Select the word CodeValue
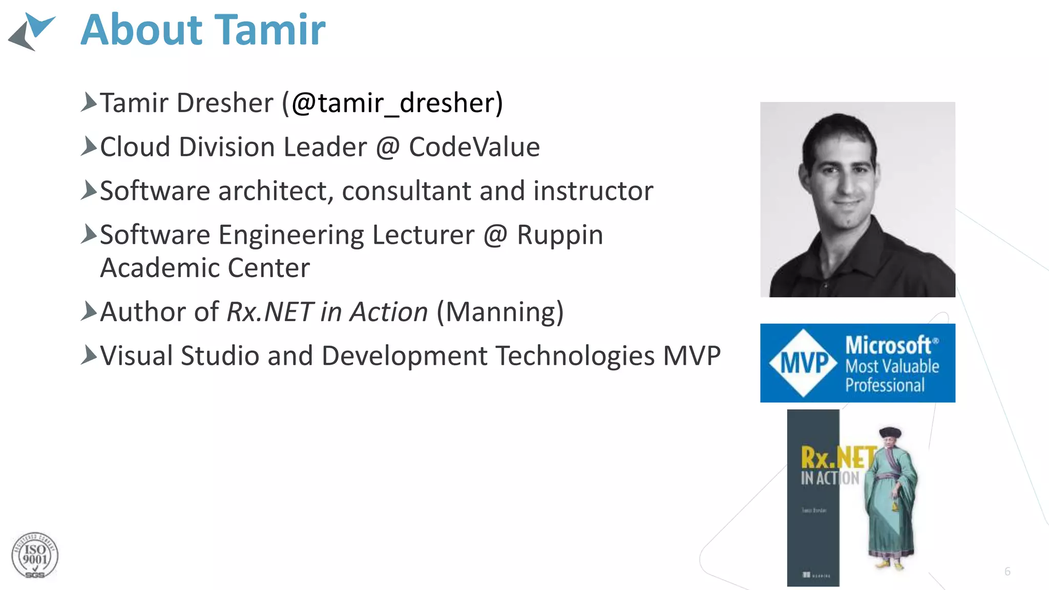[x=474, y=147]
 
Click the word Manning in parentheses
[x=500, y=312]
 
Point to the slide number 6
[x=1007, y=572]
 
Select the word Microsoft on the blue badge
[x=888, y=345]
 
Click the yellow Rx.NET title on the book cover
[x=837, y=457]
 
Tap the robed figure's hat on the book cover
[x=890, y=433]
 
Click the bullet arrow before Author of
[x=88, y=311]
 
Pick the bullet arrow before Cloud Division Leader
[x=88, y=146]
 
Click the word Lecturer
[x=423, y=236]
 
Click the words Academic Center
[x=205, y=268]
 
